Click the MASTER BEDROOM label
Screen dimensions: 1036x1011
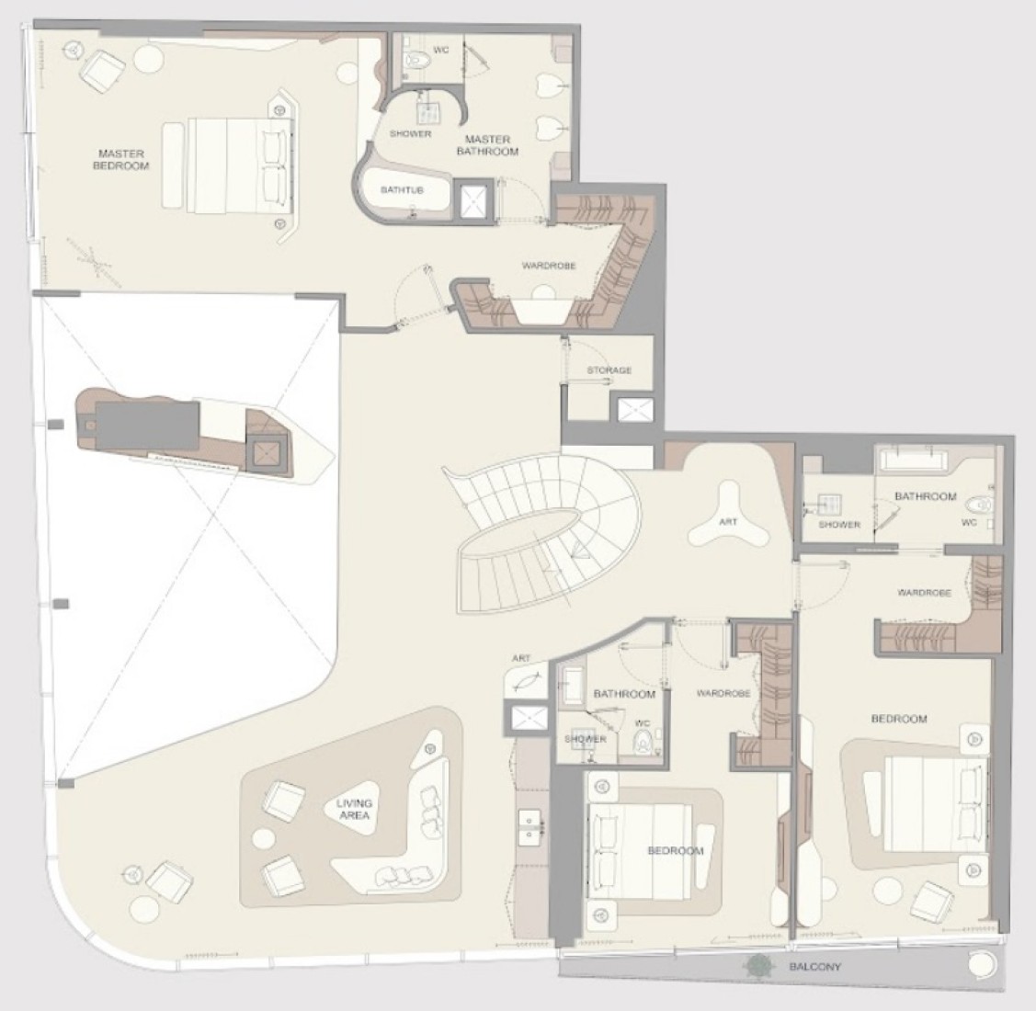tap(121, 159)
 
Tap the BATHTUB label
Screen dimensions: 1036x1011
tap(402, 190)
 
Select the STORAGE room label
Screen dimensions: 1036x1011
tap(609, 370)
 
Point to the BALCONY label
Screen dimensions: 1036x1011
tap(815, 967)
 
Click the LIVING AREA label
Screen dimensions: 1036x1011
tap(354, 810)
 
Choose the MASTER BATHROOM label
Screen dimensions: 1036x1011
tap(487, 145)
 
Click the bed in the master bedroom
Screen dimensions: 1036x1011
tap(228, 165)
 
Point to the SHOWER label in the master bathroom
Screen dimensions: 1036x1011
tap(410, 133)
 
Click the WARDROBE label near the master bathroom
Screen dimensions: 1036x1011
tap(549, 266)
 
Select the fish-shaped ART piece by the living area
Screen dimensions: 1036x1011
tap(527, 681)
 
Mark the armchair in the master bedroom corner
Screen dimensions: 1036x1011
tap(104, 68)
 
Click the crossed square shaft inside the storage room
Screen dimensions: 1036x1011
tap(634, 410)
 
